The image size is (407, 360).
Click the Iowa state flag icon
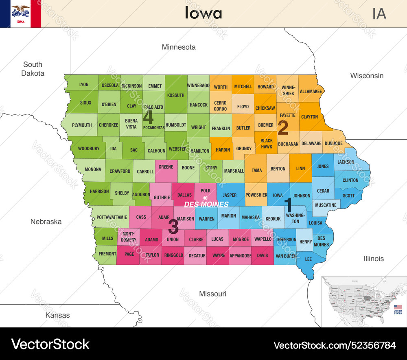tap(20, 13)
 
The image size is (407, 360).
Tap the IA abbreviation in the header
tap(379, 13)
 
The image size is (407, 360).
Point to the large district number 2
tap(283, 128)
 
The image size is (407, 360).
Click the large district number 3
tap(173, 226)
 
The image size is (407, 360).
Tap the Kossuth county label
tap(176, 95)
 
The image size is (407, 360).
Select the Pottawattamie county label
tap(112, 217)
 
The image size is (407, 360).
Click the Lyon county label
tap(84, 85)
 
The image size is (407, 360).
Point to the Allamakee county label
tap(311, 92)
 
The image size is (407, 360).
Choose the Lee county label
tap(309, 259)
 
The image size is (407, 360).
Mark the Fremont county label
tap(107, 254)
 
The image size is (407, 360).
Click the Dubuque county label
tap(333, 143)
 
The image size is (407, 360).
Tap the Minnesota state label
tap(179, 47)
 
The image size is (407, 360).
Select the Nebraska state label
tap(46, 222)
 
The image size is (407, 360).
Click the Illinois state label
tap(374, 259)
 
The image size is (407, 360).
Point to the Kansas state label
tap(57, 315)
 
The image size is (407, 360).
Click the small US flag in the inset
tap(398, 307)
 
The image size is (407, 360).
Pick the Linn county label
tap(300, 168)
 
